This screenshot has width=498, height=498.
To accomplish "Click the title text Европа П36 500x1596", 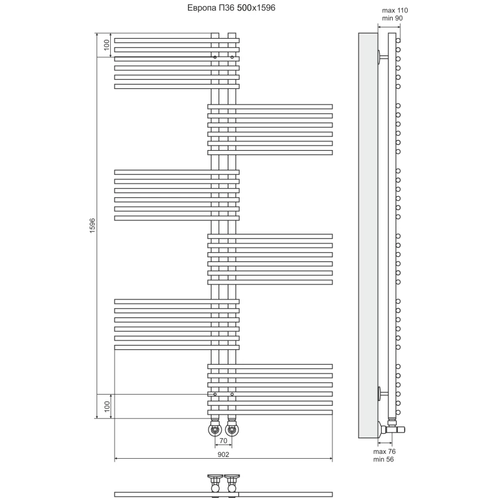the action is (x=231, y=7).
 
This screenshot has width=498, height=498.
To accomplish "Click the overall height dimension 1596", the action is (x=92, y=226).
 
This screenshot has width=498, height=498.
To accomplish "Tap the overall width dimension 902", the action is (x=223, y=454).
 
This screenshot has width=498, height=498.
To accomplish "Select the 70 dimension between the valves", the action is (x=223, y=441).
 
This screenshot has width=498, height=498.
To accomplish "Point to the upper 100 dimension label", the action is (x=106, y=45).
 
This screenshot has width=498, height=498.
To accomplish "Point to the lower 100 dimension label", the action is (x=106, y=406).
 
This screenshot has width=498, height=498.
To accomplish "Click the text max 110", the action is (x=395, y=11).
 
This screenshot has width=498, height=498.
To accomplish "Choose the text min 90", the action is (x=392, y=19).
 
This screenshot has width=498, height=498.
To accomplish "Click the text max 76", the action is (x=384, y=451).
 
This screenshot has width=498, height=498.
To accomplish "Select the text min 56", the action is (x=383, y=459).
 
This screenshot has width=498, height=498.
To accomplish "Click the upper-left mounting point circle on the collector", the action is (x=215, y=57).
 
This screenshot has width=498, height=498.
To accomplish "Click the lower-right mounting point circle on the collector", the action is (x=232, y=394).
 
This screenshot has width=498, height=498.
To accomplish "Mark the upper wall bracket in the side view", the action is (x=382, y=57).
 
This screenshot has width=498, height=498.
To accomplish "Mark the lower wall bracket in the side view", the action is (x=382, y=394).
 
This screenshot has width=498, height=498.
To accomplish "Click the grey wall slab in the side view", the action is (x=368, y=235).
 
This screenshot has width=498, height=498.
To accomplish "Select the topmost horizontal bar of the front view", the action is (x=177, y=40).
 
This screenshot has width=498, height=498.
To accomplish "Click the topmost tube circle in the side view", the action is (x=398, y=40).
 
